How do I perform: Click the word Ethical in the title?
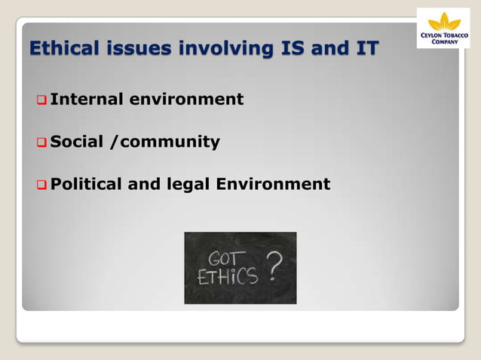[x=63, y=50]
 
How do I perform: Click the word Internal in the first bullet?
[x=85, y=99]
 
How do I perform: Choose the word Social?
[x=76, y=142]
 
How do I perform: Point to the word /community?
[x=165, y=142]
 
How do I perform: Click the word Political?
[x=87, y=185]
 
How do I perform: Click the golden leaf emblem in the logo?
[x=443, y=21]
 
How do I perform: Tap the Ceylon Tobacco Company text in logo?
[x=443, y=38]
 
